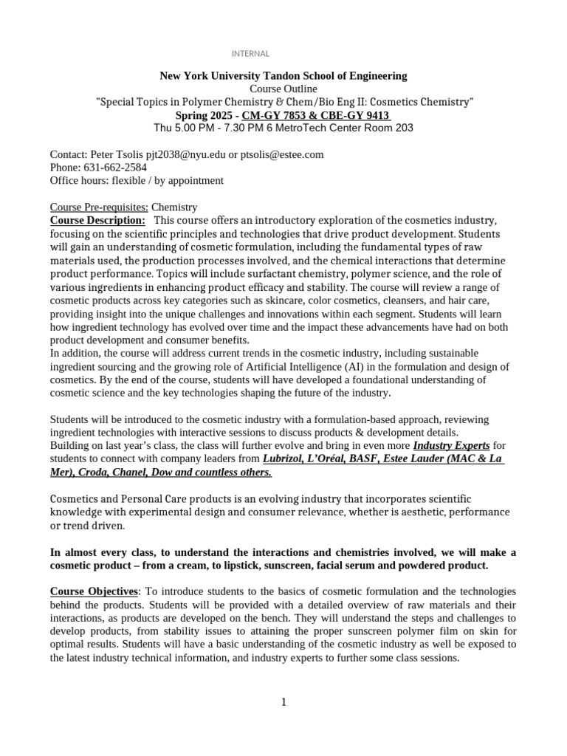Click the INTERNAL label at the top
(x=251, y=54)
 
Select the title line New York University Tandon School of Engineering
(x=283, y=76)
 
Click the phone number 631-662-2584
(x=115, y=168)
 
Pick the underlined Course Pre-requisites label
(x=99, y=207)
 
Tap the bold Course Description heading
(x=97, y=221)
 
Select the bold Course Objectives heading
(x=94, y=591)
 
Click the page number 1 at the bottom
(x=283, y=702)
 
